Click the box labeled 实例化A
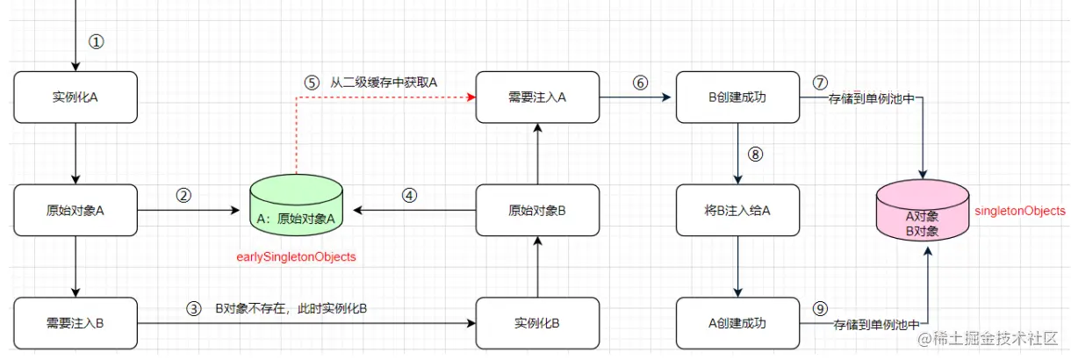[75, 97]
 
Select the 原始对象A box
[75, 210]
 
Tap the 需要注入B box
[75, 322]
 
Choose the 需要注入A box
[538, 97]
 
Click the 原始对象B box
[538, 210]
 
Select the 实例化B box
[538, 322]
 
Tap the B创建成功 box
[737, 97]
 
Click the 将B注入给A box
[737, 210]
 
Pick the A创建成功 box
[737, 322]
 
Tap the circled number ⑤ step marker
[312, 83]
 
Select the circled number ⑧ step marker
[756, 154]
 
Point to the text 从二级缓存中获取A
[384, 83]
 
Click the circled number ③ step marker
[194, 308]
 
